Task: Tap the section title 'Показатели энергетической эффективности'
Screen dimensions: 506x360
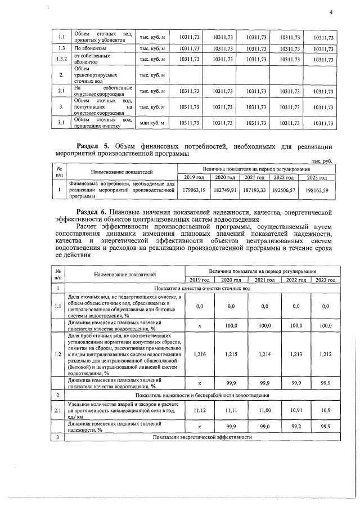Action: click(201, 437)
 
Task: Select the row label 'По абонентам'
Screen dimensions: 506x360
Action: click(90, 49)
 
